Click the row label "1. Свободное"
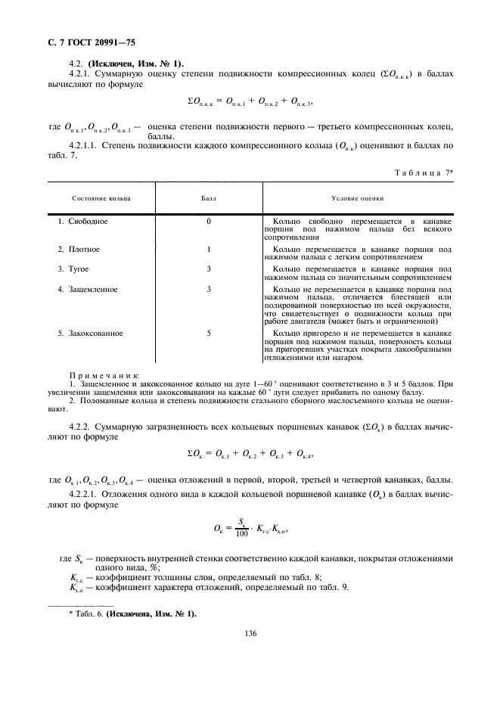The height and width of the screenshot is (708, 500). [83, 222]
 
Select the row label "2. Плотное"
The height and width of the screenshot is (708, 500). [79, 249]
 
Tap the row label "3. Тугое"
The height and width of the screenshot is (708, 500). [75, 269]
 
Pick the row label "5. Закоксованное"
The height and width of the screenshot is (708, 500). [91, 333]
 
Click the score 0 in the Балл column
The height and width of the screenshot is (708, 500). [208, 222]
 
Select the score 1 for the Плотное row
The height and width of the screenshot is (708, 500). [208, 249]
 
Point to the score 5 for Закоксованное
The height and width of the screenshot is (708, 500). [208, 333]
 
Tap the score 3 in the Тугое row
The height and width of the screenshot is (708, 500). [208, 269]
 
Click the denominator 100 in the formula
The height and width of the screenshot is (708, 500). [242, 533]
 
